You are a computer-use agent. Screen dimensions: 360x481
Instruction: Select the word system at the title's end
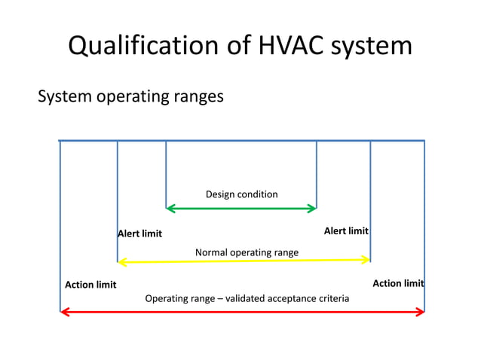pos(371,46)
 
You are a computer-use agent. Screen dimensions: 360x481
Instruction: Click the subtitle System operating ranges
pos(130,96)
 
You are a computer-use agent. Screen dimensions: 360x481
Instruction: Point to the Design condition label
pos(241,194)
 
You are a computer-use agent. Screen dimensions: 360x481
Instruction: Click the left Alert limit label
pos(140,233)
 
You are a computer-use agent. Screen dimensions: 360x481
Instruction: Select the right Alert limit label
pos(346,230)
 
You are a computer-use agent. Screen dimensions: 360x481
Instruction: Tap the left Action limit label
pos(90,285)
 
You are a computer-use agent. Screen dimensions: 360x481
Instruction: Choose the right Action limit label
pos(398,283)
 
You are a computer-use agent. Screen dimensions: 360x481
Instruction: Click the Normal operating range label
pos(247,252)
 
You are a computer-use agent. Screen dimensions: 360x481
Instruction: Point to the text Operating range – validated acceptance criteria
pos(247,299)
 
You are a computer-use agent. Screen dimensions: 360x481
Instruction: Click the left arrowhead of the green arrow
pos(170,208)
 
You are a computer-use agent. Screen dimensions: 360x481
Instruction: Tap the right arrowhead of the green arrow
pos(312,208)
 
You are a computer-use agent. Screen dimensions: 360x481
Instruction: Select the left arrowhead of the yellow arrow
pos(122,261)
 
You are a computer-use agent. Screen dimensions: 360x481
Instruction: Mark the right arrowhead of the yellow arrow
pos(366,260)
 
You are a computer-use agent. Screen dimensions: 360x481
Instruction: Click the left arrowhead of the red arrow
pos(65,312)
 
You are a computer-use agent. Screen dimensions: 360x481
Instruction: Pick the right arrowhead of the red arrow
pos(420,312)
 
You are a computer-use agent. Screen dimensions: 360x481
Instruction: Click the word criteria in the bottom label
pos(332,299)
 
